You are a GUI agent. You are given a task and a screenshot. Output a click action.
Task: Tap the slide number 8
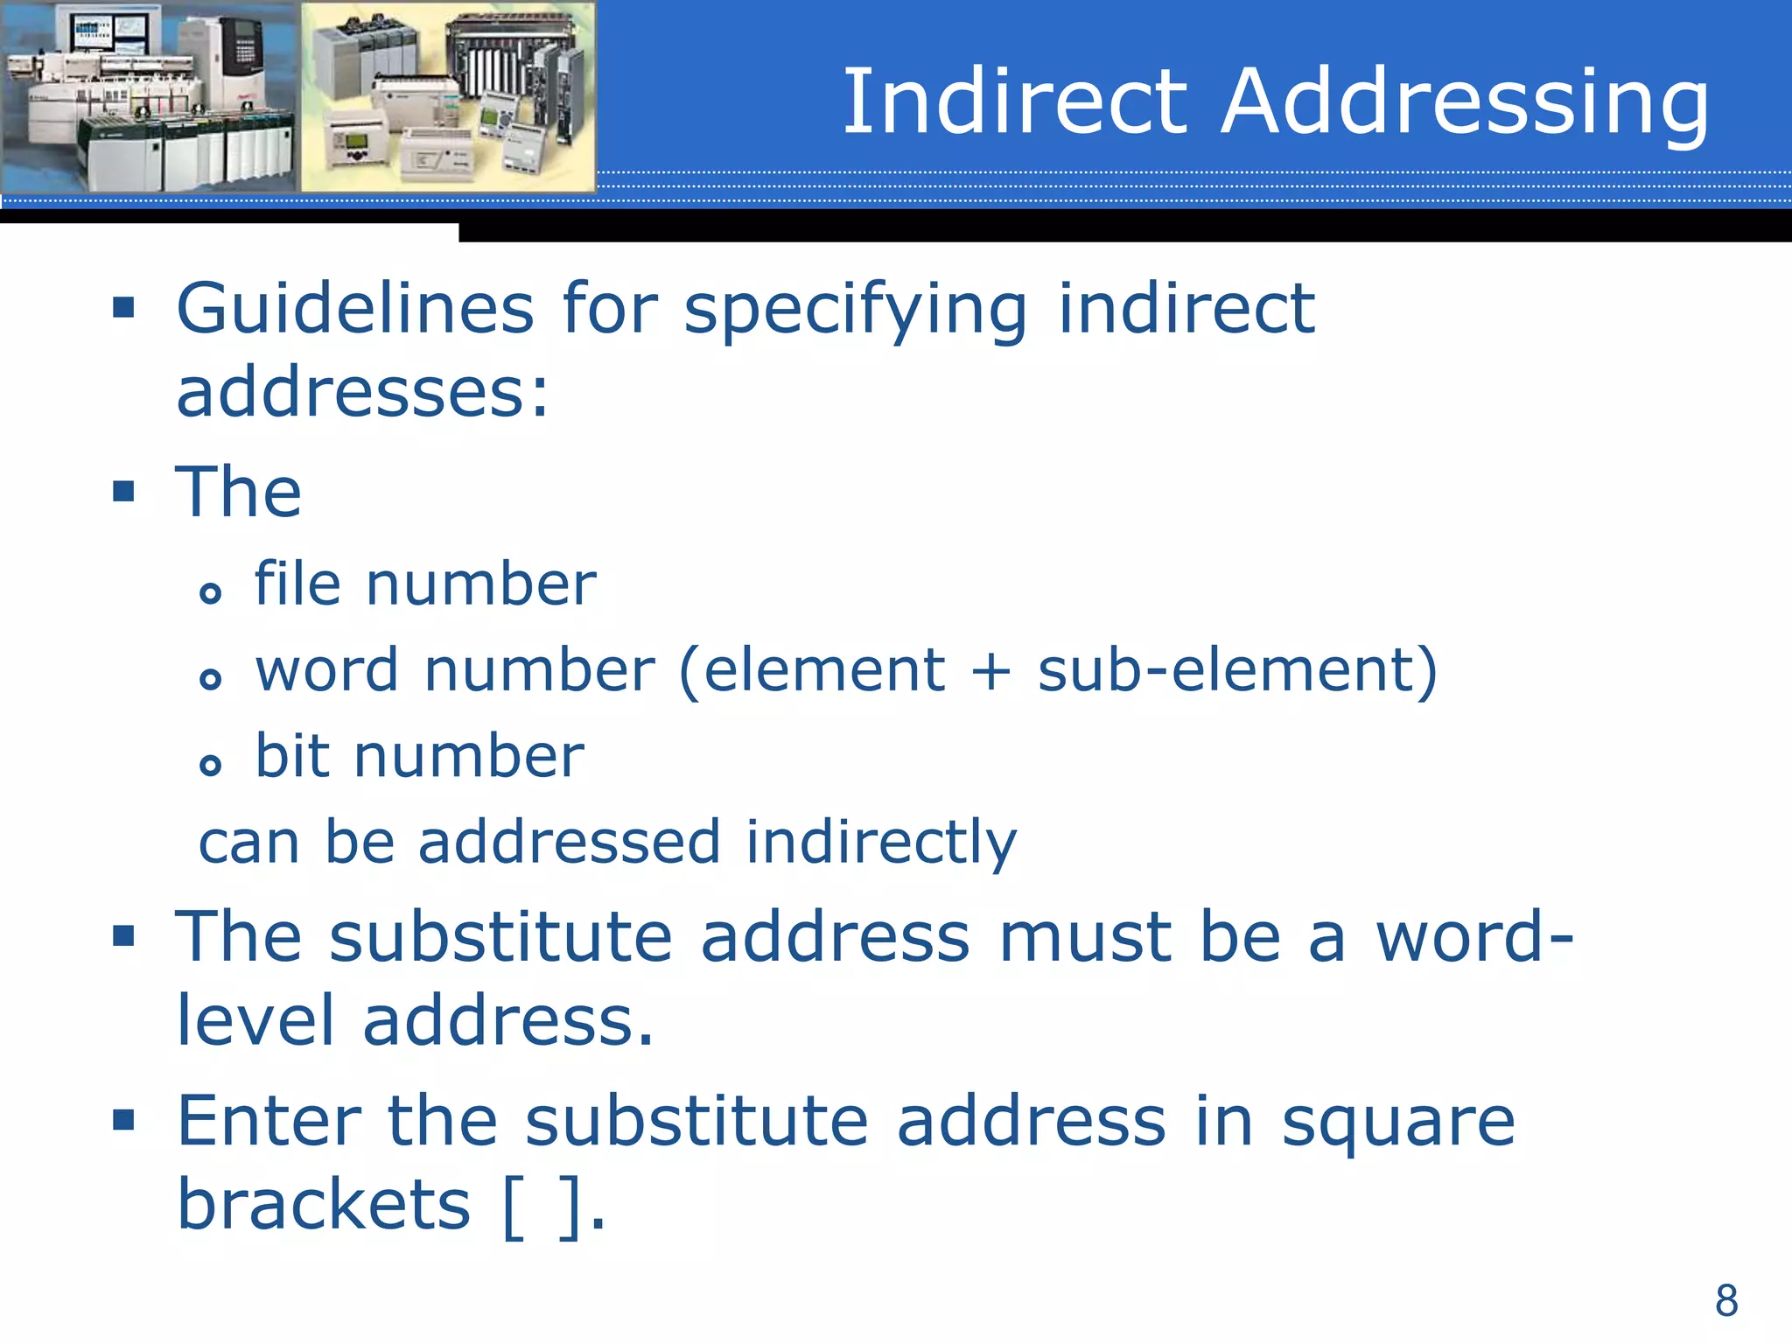1726,1300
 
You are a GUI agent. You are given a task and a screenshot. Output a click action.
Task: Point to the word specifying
856,311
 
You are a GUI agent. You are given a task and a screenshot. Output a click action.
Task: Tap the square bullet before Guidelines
123,307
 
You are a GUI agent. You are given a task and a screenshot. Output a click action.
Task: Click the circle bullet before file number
210,593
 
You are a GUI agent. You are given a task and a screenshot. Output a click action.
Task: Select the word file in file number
297,584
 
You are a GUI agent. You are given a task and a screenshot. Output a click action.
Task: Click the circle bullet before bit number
210,766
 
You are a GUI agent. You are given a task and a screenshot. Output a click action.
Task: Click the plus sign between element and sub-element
990,672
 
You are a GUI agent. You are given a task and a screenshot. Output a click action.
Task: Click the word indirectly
881,843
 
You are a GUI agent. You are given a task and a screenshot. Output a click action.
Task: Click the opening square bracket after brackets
514,1207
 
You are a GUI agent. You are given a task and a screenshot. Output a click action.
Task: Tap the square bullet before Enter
123,1119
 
